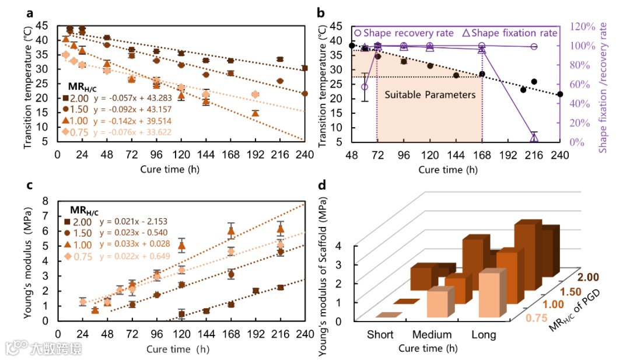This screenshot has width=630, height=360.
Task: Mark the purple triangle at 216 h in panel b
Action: (x=534, y=138)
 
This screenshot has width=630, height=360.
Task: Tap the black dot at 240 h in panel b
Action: (x=560, y=94)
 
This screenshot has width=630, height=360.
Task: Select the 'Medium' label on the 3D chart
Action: (x=432, y=334)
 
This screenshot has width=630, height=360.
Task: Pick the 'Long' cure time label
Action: (x=484, y=334)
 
